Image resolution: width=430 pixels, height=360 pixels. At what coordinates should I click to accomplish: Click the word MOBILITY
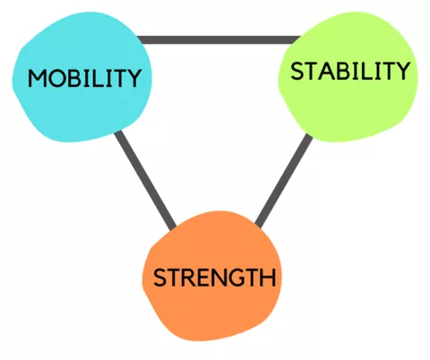pos(84,78)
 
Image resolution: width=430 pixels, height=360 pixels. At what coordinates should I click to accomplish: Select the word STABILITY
pos(350,71)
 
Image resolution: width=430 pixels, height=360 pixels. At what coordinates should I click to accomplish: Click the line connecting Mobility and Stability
pos(219,39)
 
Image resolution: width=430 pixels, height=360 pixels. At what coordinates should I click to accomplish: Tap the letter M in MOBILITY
pos(38,79)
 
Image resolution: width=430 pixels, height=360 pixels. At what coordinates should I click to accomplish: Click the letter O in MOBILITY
pos(56,79)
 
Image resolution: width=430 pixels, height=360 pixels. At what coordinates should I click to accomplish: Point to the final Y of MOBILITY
pos(134,78)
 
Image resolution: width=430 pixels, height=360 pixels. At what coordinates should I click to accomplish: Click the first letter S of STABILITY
pos(297,72)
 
